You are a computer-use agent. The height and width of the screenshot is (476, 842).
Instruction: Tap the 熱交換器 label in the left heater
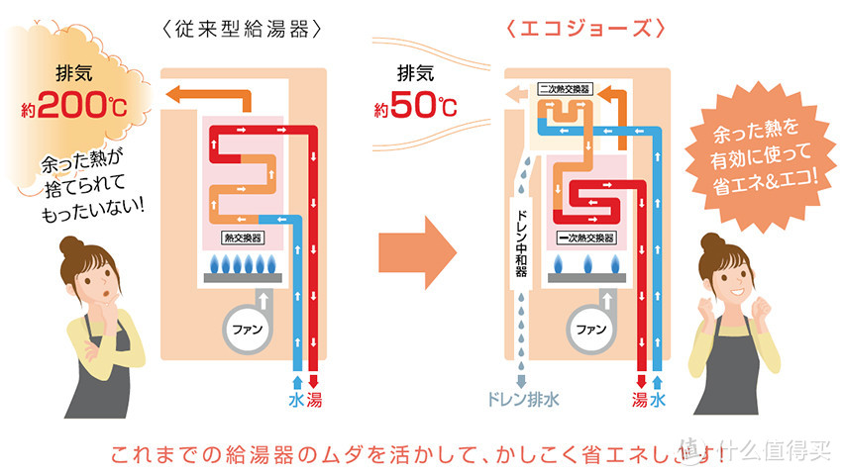(244, 238)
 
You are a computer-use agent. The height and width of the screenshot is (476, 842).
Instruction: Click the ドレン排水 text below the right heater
(524, 401)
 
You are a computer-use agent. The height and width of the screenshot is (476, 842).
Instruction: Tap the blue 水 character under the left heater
(294, 401)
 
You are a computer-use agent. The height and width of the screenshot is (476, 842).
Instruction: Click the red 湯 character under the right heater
(640, 401)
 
